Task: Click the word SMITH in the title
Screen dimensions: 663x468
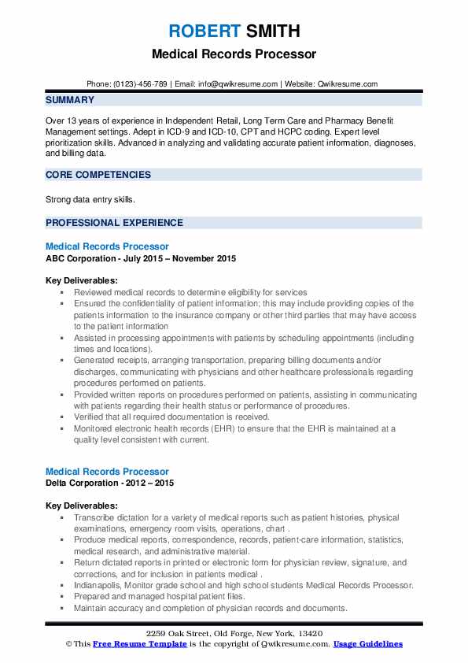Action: click(x=271, y=31)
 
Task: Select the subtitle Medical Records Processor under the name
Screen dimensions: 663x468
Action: click(x=234, y=54)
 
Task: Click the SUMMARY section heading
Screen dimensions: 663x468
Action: click(x=70, y=100)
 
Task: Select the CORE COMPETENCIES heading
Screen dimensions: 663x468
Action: click(x=98, y=175)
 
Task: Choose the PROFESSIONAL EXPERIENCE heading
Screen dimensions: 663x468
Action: click(x=114, y=222)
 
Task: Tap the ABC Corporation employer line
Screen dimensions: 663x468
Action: click(x=141, y=258)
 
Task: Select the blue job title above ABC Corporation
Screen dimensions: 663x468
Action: click(x=107, y=246)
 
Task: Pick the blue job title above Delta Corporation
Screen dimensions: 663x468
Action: click(x=107, y=472)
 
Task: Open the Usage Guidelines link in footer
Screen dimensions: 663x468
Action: click(x=368, y=644)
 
